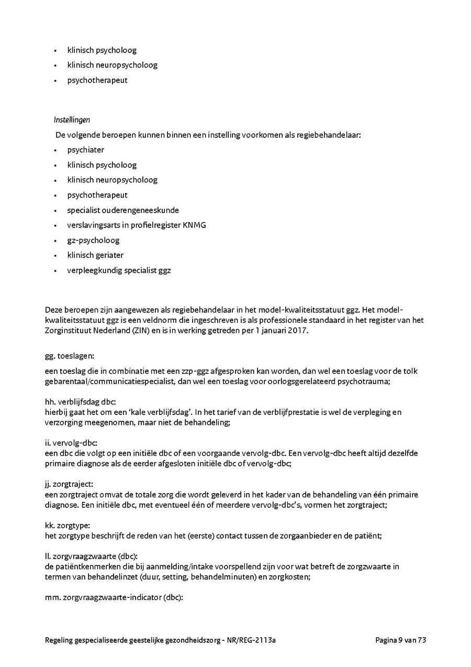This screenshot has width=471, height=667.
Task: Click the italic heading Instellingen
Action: [x=72, y=120]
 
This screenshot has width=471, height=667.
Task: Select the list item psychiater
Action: [x=85, y=150]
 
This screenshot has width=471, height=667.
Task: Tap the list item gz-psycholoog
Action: [x=93, y=240]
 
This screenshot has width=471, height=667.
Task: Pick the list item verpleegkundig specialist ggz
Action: [x=119, y=271]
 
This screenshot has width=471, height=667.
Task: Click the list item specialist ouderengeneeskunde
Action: [x=123, y=210]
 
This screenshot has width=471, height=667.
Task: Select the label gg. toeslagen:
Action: [x=70, y=356]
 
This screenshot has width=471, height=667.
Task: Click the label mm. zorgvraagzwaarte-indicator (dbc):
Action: [x=114, y=597]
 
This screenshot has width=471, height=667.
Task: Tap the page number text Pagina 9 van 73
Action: [x=401, y=640]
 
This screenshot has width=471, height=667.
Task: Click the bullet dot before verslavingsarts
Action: [x=55, y=226]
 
